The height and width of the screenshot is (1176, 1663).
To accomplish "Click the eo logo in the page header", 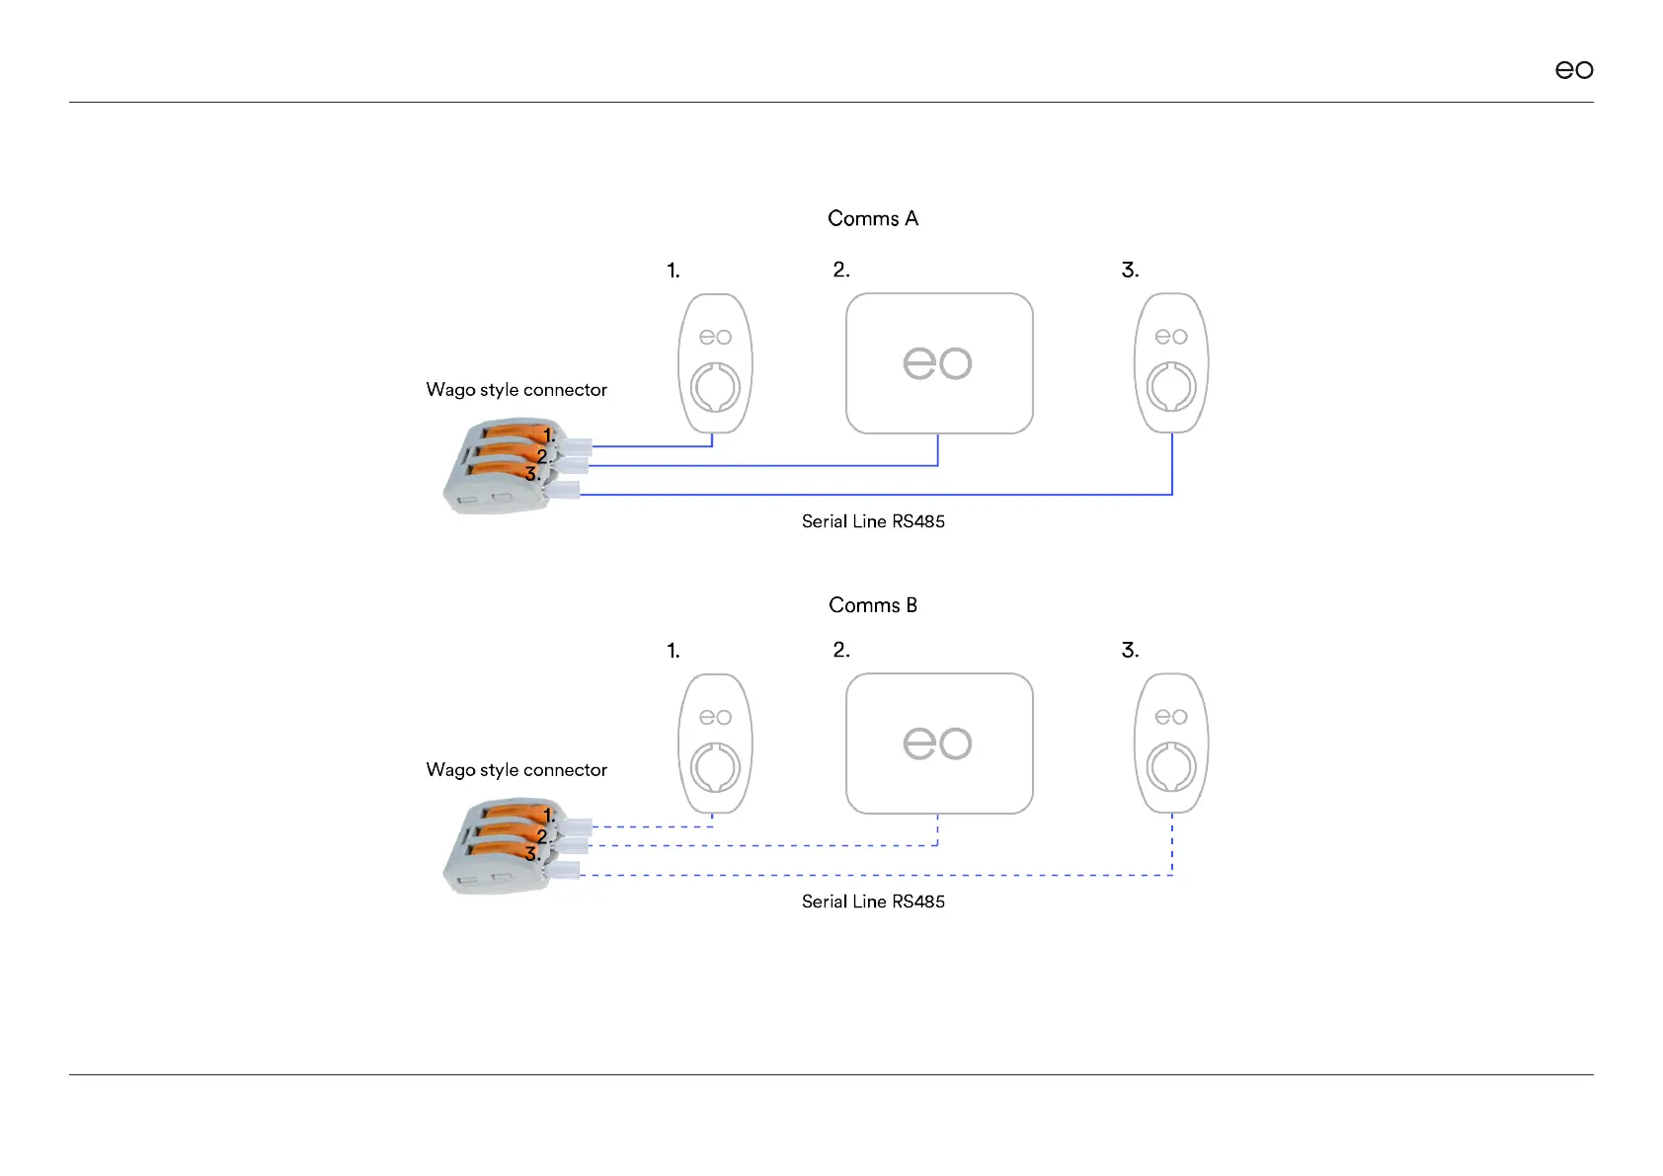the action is (x=1574, y=70).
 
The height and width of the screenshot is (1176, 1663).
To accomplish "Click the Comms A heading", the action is (x=873, y=218).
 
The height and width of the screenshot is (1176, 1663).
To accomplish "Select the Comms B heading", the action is (x=873, y=605).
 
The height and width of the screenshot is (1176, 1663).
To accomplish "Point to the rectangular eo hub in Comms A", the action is (x=939, y=363).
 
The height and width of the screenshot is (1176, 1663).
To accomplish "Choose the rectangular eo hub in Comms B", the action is (x=939, y=744).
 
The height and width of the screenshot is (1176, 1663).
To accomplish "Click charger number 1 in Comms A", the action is (x=715, y=363).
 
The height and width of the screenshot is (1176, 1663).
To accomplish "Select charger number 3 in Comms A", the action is (x=1171, y=363).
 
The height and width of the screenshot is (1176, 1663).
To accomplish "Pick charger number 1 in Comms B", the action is (x=715, y=744).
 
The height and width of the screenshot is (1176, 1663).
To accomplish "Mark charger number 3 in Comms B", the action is (x=1171, y=744).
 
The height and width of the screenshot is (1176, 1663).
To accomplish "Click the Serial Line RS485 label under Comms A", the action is (x=873, y=521).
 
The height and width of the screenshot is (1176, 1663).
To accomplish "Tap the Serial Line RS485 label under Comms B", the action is (x=873, y=902).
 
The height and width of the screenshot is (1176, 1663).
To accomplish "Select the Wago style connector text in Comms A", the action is (x=516, y=390).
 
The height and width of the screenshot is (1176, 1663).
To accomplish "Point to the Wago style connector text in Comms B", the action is (x=516, y=770).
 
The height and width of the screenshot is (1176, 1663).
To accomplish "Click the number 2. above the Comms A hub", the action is (x=841, y=270).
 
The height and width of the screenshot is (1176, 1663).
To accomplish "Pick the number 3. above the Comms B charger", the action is (x=1130, y=651).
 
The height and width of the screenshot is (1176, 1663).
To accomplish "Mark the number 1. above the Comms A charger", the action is (x=673, y=271).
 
